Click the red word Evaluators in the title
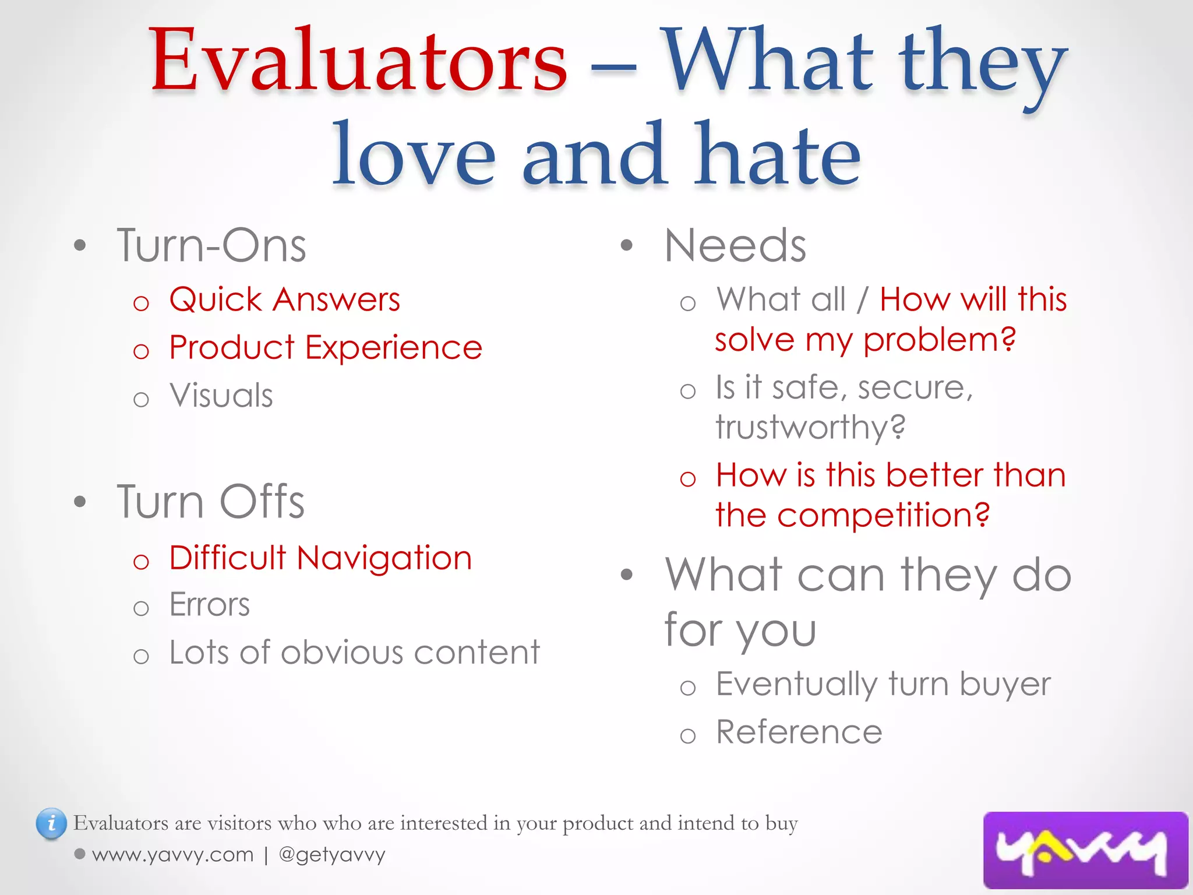click(358, 61)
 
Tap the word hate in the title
click(778, 154)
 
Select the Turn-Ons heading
click(211, 246)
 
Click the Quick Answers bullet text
click(284, 300)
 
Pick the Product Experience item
click(325, 348)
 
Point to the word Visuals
click(221, 396)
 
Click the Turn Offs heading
click(210, 502)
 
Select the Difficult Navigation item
click(320, 558)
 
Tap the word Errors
click(209, 605)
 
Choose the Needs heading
click(735, 246)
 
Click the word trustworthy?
click(810, 427)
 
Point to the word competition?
click(883, 516)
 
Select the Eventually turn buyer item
click(883, 684)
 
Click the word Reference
click(799, 732)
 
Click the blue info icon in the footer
click(51, 823)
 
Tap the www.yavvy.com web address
click(173, 855)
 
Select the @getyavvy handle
click(332, 855)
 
